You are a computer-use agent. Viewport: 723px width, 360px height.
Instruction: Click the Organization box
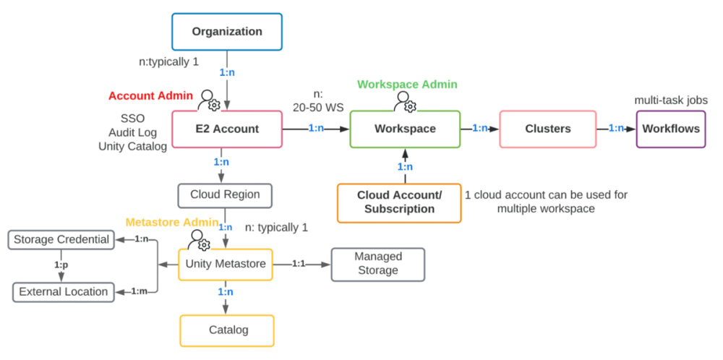pyautogui.click(x=226, y=32)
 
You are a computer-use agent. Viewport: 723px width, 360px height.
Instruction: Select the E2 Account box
pyautogui.click(x=226, y=129)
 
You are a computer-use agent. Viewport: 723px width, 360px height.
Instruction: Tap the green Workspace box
pyautogui.click(x=405, y=129)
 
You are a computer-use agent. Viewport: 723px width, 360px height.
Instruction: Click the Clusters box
pyautogui.click(x=547, y=129)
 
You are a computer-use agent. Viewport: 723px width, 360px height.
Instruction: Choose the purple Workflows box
pyautogui.click(x=670, y=129)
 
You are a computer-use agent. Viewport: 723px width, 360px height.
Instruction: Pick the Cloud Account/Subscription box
pyautogui.click(x=399, y=202)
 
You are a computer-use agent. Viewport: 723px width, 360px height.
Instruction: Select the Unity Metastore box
pyautogui.click(x=226, y=264)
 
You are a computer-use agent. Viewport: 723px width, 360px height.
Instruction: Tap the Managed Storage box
pyautogui.click(x=377, y=264)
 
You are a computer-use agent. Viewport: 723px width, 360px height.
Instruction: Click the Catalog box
pyautogui.click(x=227, y=330)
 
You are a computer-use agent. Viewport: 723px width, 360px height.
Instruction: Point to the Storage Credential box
pyautogui.click(x=61, y=239)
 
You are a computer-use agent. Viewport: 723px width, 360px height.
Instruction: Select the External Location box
pyautogui.click(x=64, y=292)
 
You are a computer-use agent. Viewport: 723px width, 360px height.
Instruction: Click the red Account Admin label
pyautogui.click(x=150, y=95)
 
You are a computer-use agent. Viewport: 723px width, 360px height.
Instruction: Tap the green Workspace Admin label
pyautogui.click(x=407, y=85)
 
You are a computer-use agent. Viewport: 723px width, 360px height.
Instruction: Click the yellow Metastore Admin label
pyautogui.click(x=171, y=221)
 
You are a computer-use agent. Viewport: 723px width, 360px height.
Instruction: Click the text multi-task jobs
pyautogui.click(x=671, y=100)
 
